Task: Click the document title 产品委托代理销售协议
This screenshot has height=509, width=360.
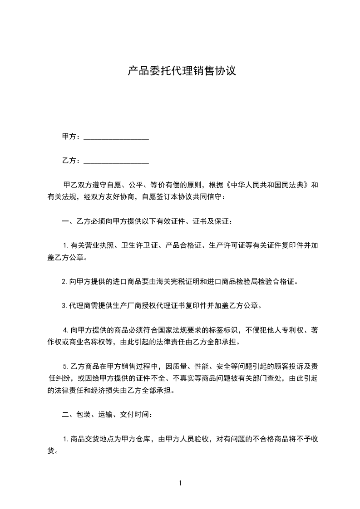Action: point(182,71)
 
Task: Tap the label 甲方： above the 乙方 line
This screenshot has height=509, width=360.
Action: point(71,137)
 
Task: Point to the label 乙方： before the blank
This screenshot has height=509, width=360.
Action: point(71,161)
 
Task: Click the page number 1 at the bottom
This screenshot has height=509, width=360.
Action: point(180,483)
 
